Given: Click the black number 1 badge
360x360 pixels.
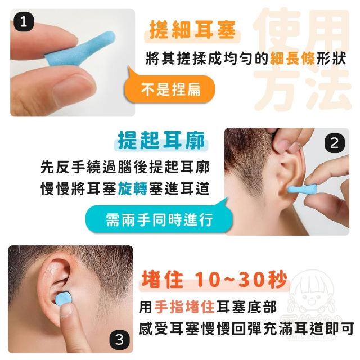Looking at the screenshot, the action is click(24, 22).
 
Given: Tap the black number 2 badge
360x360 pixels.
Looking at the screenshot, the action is click(335, 143).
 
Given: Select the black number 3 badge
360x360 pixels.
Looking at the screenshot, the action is click(119, 340).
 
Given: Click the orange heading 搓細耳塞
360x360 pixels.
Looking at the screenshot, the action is click(192, 30).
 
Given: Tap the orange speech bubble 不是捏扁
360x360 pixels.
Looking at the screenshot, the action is click(169, 88).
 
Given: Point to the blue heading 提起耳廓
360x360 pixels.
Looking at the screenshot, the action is click(161, 141).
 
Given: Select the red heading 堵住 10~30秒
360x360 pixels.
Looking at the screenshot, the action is click(214, 280).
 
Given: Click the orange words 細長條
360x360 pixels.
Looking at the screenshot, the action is click(292, 58).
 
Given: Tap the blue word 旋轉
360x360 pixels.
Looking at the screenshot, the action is click(133, 188).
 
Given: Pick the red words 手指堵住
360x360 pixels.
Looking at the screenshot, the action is click(184, 307).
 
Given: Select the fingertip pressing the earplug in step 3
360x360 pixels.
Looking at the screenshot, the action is click(66, 310).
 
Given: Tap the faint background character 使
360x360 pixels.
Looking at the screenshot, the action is click(277, 31).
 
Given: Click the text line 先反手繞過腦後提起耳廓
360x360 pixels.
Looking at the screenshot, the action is click(125, 167).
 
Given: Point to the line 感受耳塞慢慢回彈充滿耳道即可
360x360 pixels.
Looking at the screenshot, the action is click(246, 328).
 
